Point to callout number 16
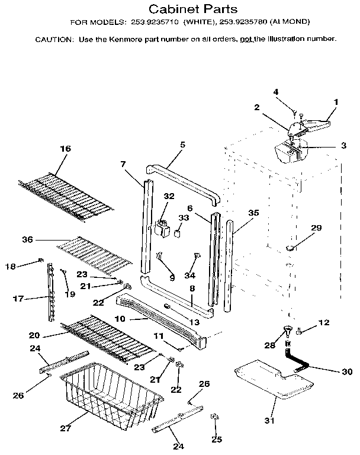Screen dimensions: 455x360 65,149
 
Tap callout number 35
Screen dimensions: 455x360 254,212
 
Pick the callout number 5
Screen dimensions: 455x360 182,145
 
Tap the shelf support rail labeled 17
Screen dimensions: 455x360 53,293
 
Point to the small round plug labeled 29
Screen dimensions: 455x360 290,246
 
